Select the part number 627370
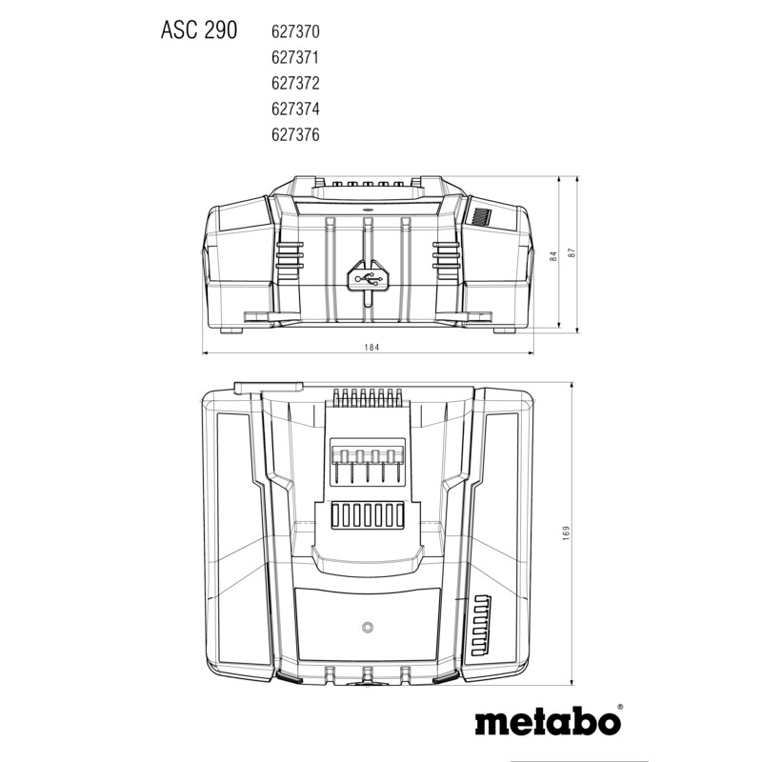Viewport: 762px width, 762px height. point(288,32)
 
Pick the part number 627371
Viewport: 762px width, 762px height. point(288,58)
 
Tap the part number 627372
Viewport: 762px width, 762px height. point(288,84)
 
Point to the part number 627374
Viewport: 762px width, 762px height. point(288,110)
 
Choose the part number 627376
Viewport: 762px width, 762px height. point(288,135)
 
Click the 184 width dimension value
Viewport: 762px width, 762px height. point(371,348)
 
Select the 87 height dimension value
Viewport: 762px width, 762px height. point(572,254)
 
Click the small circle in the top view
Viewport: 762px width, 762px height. point(367,628)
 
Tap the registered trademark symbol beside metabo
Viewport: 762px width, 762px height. point(619,708)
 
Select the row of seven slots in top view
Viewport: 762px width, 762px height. point(367,515)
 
